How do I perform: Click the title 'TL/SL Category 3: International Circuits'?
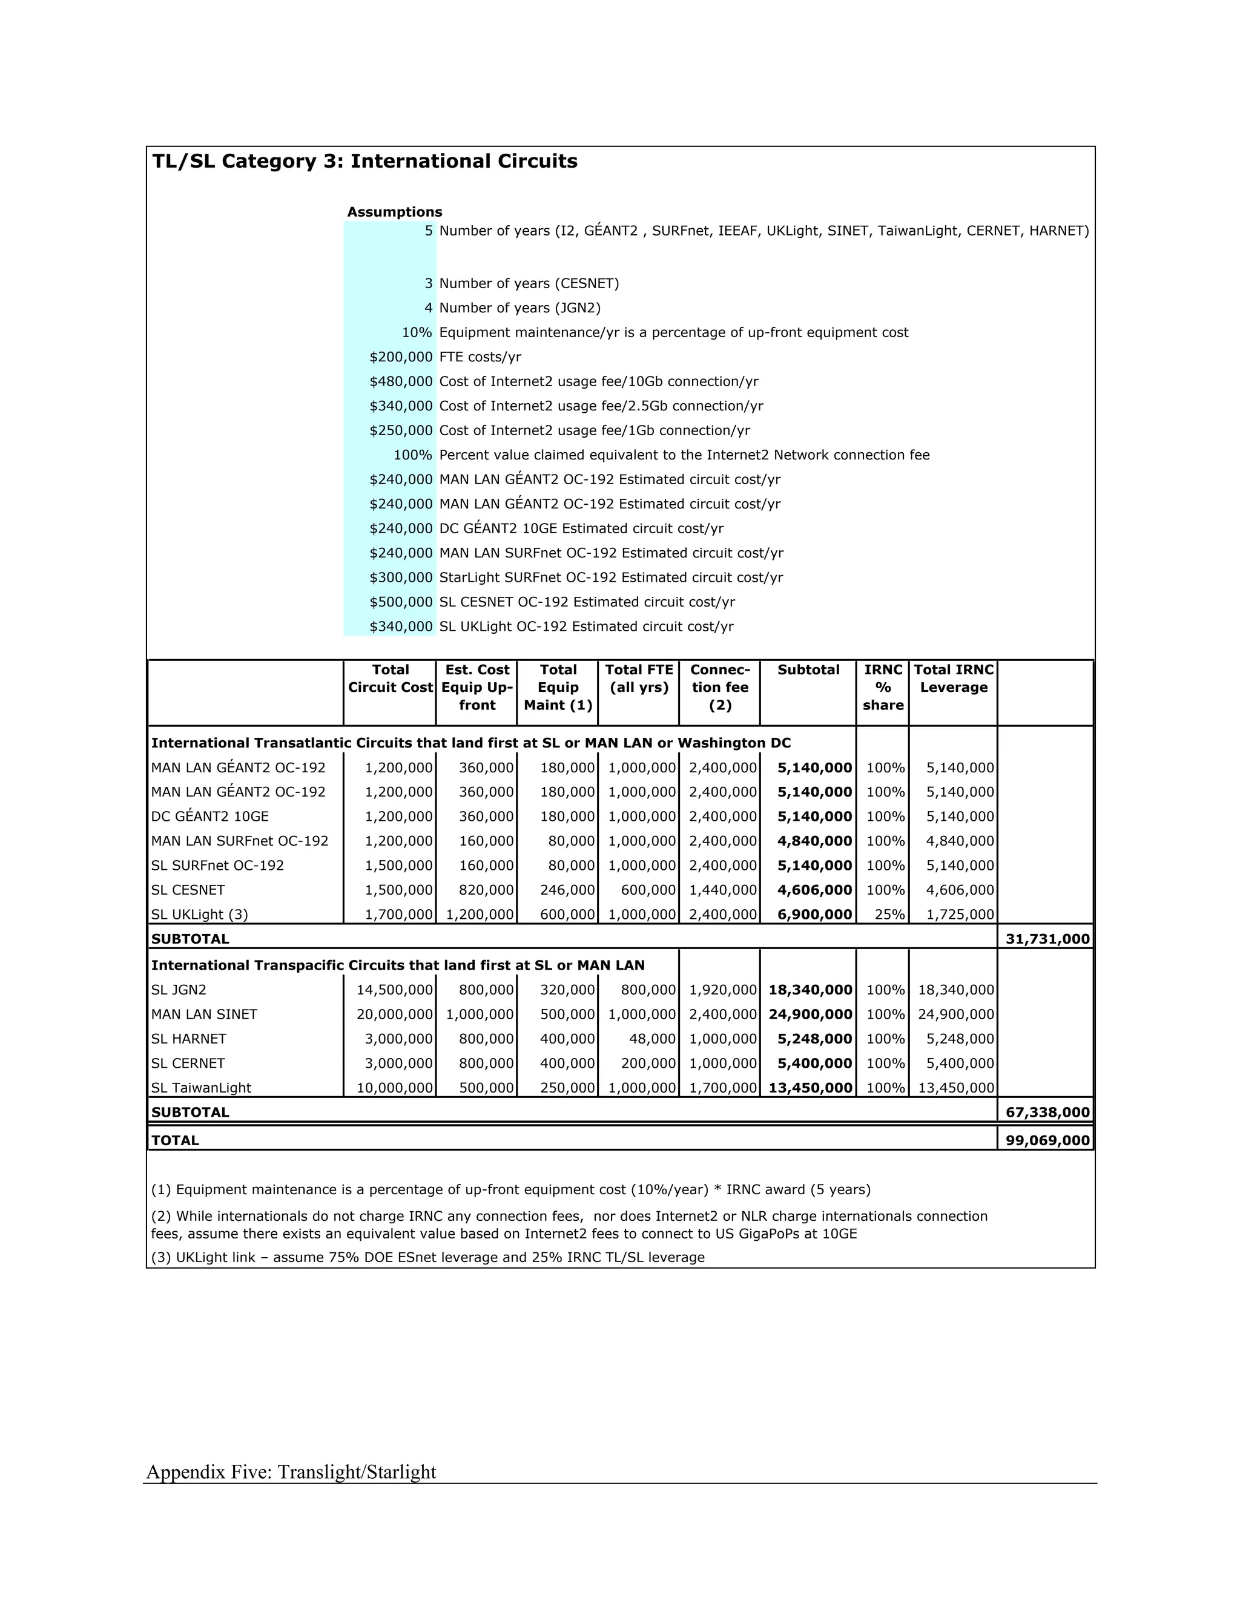(x=364, y=162)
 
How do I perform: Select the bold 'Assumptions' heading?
(x=395, y=212)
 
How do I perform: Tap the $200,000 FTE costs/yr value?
(x=401, y=357)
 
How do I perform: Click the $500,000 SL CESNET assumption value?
(x=401, y=602)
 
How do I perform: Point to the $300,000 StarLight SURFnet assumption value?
(x=401, y=577)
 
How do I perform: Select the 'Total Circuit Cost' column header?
(x=390, y=679)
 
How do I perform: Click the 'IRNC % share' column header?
(x=882, y=688)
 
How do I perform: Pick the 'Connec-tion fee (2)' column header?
(x=719, y=688)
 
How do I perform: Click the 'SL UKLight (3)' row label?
(x=200, y=915)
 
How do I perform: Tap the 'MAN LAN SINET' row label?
(x=204, y=1014)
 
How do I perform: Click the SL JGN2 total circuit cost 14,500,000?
(x=395, y=990)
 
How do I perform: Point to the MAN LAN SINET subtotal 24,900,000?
(x=810, y=1014)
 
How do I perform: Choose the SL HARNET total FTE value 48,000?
(x=648, y=1039)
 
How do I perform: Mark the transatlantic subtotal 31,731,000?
(x=1047, y=939)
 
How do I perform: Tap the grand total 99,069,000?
(x=1047, y=1140)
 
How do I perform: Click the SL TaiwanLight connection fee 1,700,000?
(x=722, y=1088)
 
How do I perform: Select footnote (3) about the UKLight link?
(x=427, y=1257)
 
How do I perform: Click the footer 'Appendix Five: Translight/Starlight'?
(x=291, y=1472)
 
